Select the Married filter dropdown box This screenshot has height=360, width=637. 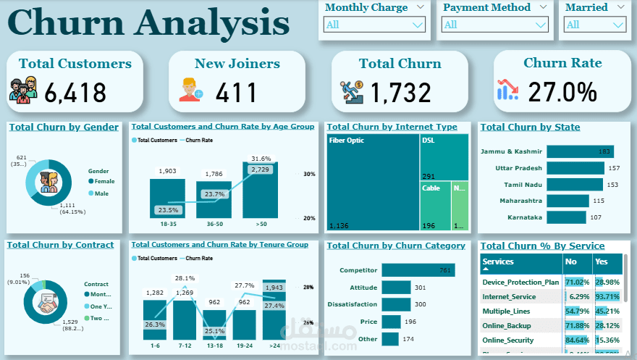tap(594, 25)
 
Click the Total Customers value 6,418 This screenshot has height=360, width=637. tap(75, 93)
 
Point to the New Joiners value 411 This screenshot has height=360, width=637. tap(237, 93)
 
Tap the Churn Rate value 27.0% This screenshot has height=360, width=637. tap(562, 92)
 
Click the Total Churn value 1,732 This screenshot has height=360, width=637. tap(401, 93)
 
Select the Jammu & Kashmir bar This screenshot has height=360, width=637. tap(580, 151)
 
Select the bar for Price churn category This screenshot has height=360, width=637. tap(391, 322)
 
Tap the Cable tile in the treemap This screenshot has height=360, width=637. tap(434, 206)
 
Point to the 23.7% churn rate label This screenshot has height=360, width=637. tap(214, 194)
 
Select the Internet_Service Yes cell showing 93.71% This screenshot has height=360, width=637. tap(607, 296)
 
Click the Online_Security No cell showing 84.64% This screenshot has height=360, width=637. tap(578, 340)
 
